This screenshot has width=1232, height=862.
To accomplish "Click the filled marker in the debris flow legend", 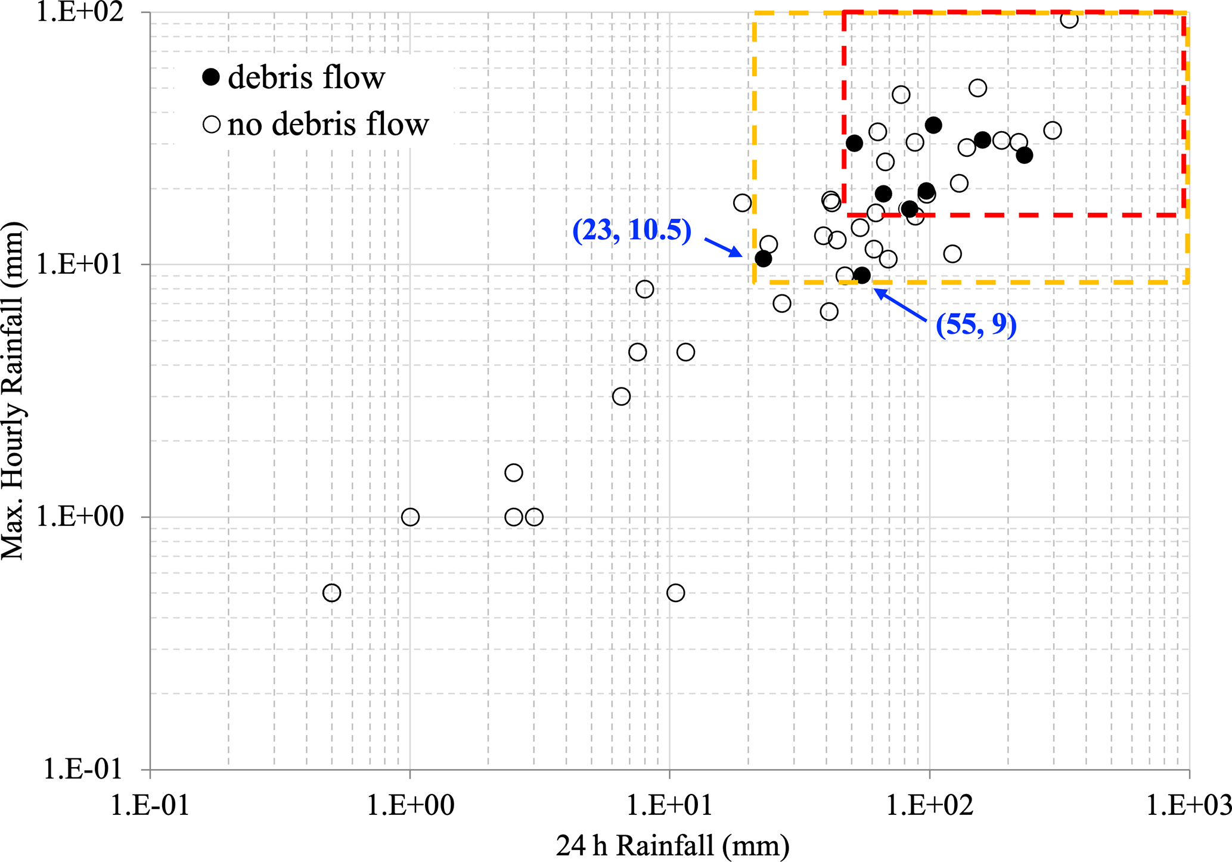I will tap(211, 77).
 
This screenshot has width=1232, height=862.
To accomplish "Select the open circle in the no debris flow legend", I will tap(211, 124).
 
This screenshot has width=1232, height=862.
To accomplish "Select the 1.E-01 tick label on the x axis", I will tap(150, 805).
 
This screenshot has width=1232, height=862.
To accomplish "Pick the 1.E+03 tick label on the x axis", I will tap(1189, 805).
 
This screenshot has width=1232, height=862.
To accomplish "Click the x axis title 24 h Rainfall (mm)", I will tap(672, 845).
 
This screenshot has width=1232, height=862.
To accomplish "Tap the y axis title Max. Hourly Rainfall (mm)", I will tap(13, 390).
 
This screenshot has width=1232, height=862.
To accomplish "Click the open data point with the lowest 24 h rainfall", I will tap(332, 593).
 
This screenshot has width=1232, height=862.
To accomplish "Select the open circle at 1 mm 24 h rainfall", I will tap(410, 517).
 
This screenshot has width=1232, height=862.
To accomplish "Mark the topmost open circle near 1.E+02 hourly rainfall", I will tap(1069, 19).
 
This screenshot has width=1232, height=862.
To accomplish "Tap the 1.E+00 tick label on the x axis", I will tap(410, 805).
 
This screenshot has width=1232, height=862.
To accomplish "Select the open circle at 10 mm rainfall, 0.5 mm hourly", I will tap(675, 593).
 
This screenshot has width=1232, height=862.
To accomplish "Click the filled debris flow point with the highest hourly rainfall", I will tap(933, 125).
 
